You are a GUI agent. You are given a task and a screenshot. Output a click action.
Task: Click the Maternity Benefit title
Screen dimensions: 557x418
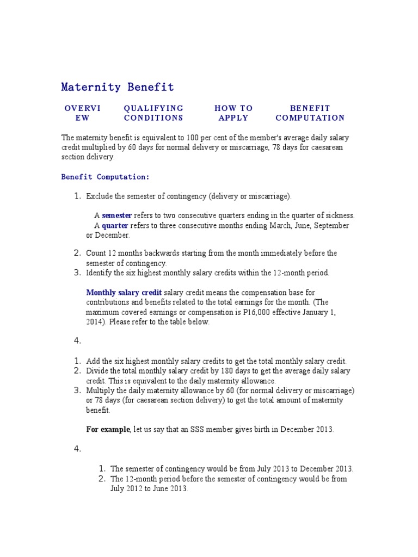[x=118, y=87]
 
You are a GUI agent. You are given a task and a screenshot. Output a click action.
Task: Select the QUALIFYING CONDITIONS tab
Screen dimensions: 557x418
[x=153, y=113]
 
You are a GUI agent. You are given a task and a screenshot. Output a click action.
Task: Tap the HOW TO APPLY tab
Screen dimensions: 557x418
[x=233, y=113]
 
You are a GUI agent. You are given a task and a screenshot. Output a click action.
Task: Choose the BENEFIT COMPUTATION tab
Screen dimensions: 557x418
[x=310, y=113]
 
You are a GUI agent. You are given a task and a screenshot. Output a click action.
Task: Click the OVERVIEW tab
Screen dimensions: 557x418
[x=82, y=113]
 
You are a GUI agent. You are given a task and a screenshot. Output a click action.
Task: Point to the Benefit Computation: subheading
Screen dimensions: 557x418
[x=105, y=177]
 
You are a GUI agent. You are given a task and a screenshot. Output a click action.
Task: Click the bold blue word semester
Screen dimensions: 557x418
[x=116, y=215]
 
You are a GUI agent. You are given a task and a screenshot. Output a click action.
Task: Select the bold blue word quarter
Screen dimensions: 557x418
[x=115, y=225]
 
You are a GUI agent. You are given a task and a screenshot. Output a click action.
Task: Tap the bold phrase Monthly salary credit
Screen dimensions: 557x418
[x=124, y=293]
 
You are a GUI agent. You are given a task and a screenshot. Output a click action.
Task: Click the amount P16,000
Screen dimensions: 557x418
[x=263, y=312]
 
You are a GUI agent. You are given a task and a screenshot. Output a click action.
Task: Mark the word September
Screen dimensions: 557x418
[x=330, y=225]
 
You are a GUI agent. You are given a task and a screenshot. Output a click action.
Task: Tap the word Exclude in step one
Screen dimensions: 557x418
[x=99, y=196]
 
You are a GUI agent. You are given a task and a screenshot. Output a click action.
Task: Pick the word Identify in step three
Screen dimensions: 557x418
[x=99, y=273]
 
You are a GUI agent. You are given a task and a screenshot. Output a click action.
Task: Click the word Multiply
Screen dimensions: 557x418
[x=100, y=391]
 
